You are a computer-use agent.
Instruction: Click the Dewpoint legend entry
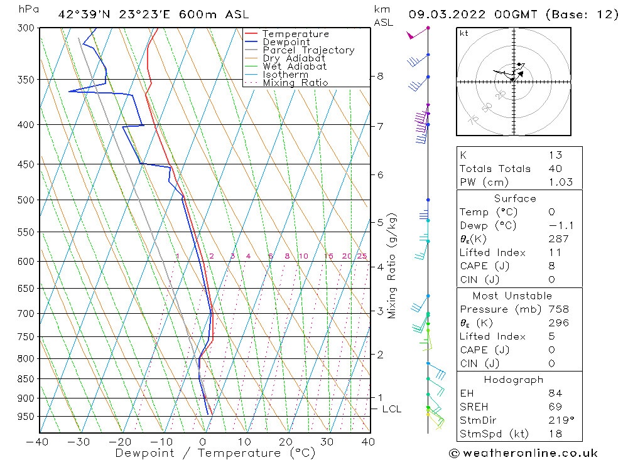286,42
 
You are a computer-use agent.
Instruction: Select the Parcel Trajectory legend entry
308,50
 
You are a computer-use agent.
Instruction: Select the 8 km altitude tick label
380,77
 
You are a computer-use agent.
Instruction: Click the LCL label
391,409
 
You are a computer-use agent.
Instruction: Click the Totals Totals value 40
555,168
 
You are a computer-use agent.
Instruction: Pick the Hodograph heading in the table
514,380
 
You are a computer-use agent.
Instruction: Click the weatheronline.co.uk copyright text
523,453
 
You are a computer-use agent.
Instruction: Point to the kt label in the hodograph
464,33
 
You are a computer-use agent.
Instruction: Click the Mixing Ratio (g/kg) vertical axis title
392,266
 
